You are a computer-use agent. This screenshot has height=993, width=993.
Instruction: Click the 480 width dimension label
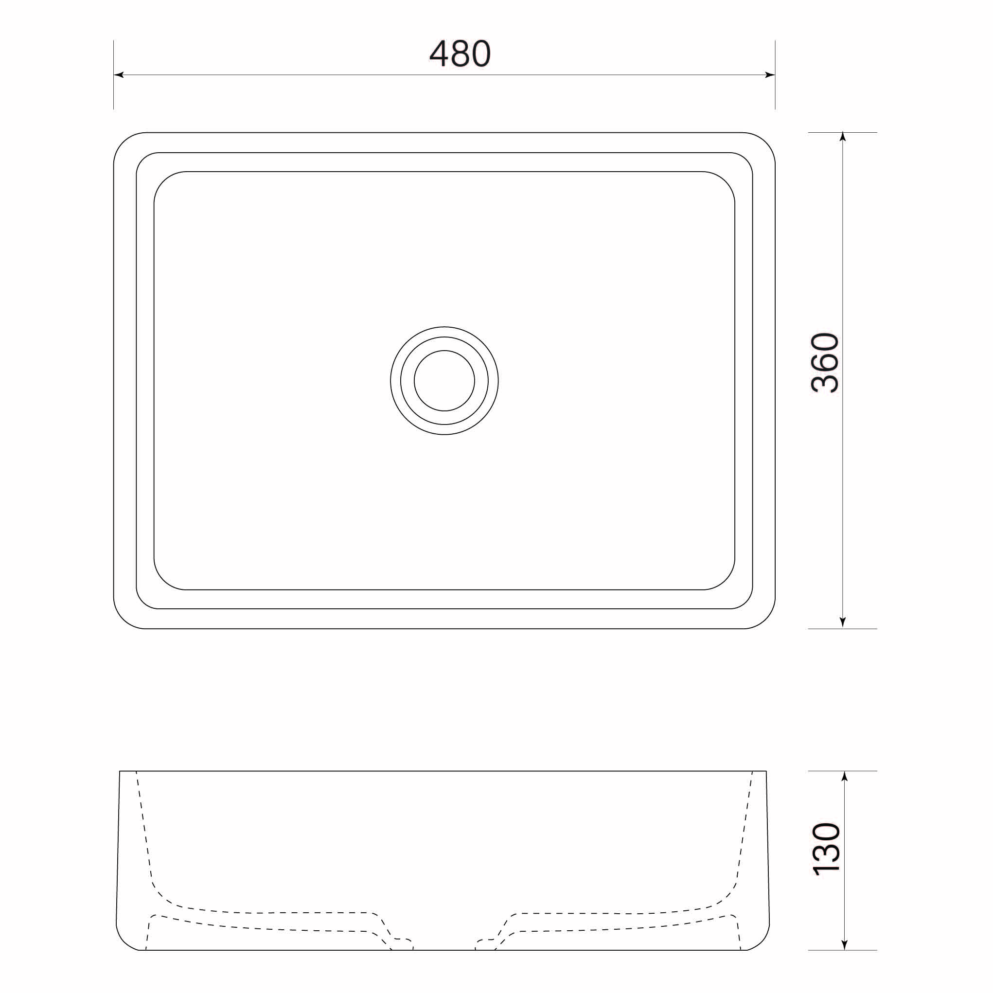pos(460,53)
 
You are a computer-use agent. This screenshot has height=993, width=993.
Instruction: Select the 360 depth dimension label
pos(825,363)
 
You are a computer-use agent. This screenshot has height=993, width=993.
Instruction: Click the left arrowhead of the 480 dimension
pos(119,75)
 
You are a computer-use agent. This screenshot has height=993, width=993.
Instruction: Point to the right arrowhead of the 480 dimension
pos(770,75)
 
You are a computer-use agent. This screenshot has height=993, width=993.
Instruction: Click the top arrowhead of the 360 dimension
pos(842,137)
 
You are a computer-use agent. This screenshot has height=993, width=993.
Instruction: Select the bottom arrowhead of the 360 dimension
pos(842,623)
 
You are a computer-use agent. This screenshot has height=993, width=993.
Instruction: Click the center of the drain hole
pos(444,381)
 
